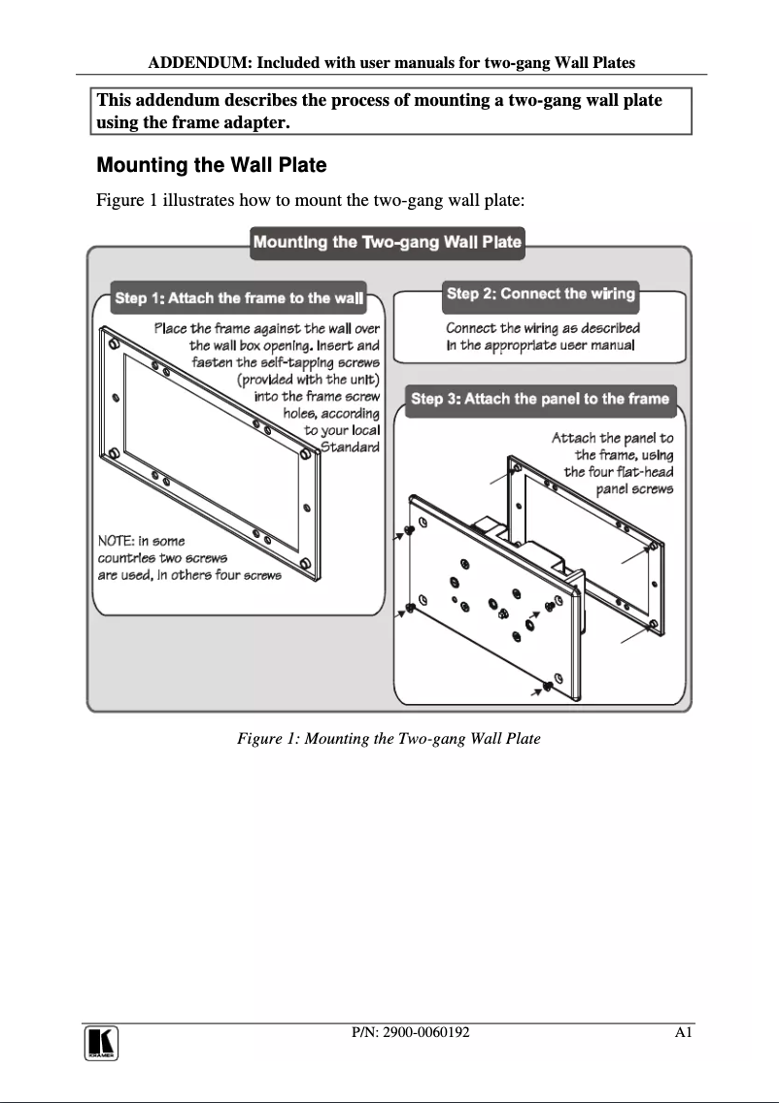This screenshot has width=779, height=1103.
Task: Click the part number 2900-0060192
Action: point(410,1032)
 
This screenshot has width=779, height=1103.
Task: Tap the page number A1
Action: point(683,1032)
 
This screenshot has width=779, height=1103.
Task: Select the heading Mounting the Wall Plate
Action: point(212,165)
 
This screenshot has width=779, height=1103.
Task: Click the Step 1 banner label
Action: point(239,298)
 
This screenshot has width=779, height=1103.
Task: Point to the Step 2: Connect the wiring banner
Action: point(540,293)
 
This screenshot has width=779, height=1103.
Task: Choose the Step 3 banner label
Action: point(540,399)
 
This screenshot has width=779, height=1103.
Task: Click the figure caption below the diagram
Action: point(389,739)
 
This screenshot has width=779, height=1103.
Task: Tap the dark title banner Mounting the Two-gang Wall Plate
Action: point(388,242)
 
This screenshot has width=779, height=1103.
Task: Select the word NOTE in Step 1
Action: point(117,541)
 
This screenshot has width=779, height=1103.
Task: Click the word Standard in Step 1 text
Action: point(350,447)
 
